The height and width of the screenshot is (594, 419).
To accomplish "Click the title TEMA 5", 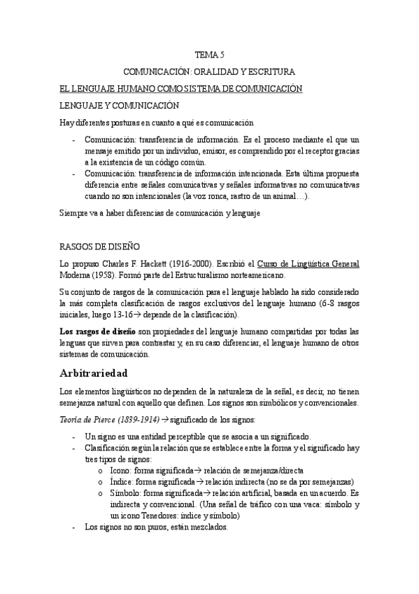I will (x=209, y=55).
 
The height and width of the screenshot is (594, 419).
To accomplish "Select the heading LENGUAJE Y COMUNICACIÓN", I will (x=119, y=106).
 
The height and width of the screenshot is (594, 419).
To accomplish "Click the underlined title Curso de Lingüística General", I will (x=308, y=263).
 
